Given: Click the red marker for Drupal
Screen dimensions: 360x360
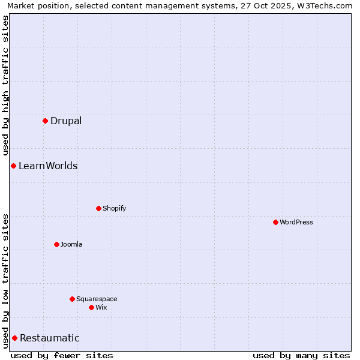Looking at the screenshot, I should (45, 121).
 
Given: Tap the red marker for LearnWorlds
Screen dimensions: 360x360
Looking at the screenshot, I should (13, 166).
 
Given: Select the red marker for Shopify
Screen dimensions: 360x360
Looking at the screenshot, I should (98, 208).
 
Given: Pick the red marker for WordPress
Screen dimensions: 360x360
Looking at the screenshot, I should (275, 222).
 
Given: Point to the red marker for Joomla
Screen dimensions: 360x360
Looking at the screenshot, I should (56, 244).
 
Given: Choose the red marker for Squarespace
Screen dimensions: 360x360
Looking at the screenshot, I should (72, 299).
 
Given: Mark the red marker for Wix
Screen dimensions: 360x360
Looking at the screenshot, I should (91, 307).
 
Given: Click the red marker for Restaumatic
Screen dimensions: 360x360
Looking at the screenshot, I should (14, 338).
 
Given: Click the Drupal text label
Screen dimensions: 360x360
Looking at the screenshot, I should (66, 121).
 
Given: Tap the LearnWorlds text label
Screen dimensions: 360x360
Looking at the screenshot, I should (48, 166).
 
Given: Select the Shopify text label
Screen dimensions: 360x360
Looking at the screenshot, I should (114, 208).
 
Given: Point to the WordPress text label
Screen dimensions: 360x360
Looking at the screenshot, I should (296, 222).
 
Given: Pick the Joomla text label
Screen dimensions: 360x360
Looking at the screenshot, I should (71, 244).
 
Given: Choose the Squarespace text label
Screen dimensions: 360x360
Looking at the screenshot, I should (97, 299).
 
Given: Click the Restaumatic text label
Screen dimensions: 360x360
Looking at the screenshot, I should (50, 338).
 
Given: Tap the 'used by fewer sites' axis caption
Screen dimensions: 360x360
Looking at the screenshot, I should (62, 355).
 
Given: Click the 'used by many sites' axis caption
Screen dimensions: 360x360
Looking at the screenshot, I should (301, 355).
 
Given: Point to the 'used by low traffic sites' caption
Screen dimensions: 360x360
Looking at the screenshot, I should (5, 281).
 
